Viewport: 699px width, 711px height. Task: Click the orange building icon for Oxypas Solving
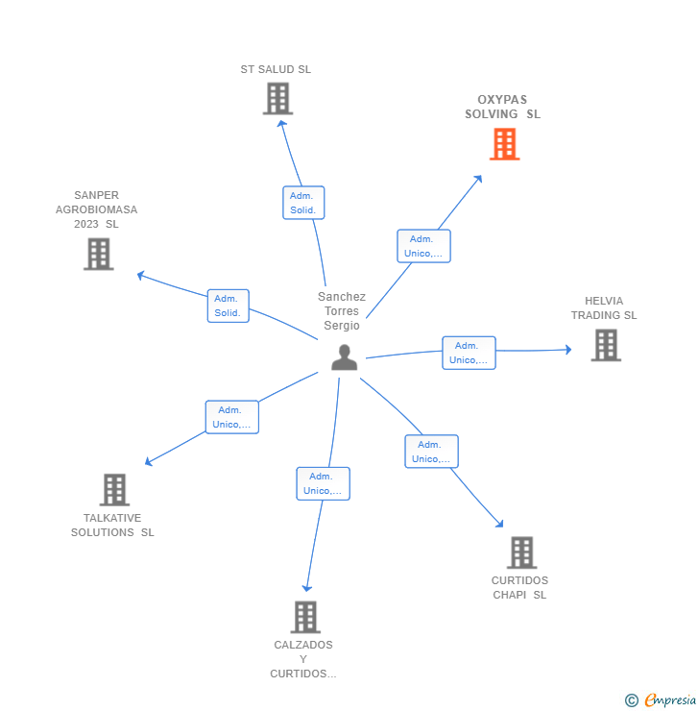504,144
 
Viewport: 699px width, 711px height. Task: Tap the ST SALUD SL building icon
277,98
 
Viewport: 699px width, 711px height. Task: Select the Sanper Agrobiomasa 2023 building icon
98,254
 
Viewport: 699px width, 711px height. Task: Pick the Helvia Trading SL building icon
605,345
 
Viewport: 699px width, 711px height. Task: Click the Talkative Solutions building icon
114,489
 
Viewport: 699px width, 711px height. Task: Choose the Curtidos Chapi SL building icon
521,552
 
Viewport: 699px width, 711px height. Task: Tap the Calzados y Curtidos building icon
304,617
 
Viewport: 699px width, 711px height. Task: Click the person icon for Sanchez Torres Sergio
344,357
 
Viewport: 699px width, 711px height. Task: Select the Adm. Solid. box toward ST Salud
303,203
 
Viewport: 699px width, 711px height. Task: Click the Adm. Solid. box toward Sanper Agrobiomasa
228,306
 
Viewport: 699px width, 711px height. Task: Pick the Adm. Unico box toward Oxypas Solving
423,246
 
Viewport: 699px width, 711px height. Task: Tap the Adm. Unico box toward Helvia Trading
469,353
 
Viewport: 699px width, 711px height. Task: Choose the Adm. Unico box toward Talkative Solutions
231,417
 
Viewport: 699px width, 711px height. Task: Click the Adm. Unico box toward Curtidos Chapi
431,452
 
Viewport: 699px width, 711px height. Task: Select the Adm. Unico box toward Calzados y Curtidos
323,483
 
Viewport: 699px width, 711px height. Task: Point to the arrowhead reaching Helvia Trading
567,350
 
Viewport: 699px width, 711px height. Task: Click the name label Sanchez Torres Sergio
342,311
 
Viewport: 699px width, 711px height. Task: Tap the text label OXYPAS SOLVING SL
502,107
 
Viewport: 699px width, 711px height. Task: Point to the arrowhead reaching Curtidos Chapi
499,524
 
